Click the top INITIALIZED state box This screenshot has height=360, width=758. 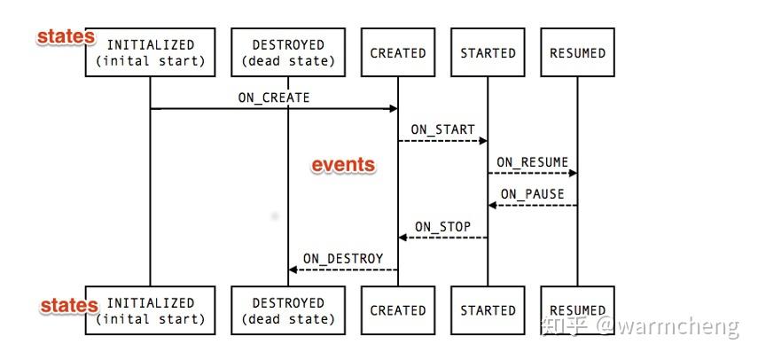150,52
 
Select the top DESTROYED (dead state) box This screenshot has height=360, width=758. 288,52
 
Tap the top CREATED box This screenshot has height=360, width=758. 398,52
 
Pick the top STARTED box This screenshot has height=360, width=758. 488,52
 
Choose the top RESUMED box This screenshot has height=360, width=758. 577,52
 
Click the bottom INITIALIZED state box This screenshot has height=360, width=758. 150,310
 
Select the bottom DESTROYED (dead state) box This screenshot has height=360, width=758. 288,310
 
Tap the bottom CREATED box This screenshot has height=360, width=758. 398,310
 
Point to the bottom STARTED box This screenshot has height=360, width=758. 488,310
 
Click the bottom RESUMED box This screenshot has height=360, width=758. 577,310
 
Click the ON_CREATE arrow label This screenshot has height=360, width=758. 274,98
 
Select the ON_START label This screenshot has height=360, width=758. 442,129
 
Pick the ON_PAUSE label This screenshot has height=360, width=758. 532,194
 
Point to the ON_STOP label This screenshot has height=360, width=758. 442,226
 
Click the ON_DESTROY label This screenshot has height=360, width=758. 343,259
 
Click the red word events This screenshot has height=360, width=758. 342,165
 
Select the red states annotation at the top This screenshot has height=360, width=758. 65,36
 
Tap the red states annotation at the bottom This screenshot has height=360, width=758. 68,305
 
